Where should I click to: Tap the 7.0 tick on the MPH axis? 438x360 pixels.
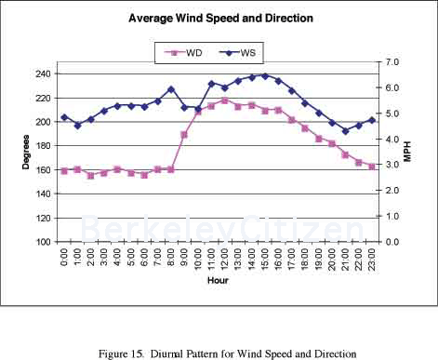[x=392, y=62]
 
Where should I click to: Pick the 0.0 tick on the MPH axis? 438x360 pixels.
[x=392, y=242]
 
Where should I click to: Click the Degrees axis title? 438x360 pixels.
[x=26, y=153]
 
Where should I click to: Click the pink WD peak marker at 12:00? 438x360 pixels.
[x=224, y=100]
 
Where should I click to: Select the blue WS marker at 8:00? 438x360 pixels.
[x=171, y=89]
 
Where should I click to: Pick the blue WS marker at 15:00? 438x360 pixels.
[x=265, y=76]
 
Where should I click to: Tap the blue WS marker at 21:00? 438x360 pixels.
[x=345, y=131]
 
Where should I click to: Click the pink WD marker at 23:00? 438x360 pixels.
[x=372, y=167]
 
